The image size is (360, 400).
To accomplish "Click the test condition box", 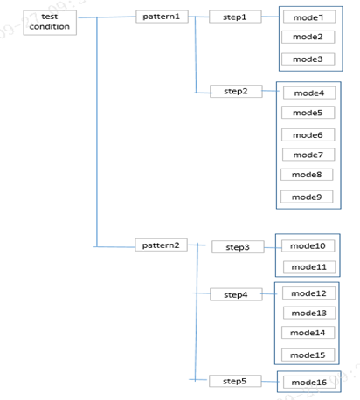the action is (50, 23).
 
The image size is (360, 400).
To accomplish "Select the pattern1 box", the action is (162, 17).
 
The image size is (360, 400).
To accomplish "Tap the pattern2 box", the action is (161, 245).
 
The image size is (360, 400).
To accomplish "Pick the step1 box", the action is (235, 17).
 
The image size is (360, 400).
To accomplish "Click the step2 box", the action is (236, 91).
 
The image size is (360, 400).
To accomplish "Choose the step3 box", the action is (238, 247).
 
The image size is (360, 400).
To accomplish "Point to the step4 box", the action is (236, 294).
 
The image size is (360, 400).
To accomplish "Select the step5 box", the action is (235, 381).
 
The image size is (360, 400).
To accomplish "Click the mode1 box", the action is (309, 17).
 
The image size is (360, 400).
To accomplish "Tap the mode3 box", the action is (308, 59).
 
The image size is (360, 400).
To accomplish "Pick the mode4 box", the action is (309, 93).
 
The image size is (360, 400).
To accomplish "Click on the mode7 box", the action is (308, 155).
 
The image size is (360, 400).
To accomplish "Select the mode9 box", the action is (307, 197).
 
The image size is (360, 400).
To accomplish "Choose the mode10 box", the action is (308, 245).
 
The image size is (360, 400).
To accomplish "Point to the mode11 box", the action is (309, 266).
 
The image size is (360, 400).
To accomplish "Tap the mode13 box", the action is (309, 313).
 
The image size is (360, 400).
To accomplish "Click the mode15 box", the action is (308, 355).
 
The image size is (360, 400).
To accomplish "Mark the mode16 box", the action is (309, 382).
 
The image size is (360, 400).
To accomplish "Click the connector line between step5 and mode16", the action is (270, 382).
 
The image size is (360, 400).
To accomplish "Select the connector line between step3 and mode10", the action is (273, 248).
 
